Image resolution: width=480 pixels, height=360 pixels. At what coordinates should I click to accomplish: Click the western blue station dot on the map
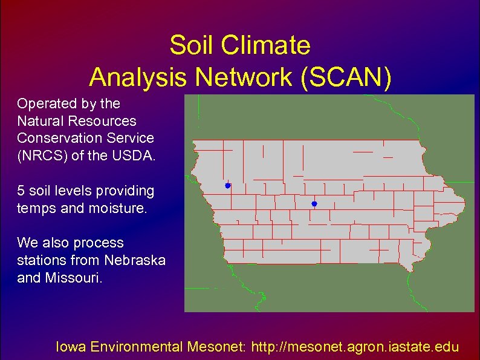227,186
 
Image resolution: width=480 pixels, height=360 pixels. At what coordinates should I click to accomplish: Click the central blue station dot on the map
314,204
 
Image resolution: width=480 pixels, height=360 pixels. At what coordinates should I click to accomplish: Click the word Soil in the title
187,45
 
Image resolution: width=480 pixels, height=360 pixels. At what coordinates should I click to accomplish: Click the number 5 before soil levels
21,191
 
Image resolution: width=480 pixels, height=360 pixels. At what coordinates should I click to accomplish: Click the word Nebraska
135,260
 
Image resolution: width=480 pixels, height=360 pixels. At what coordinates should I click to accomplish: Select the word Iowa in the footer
70,347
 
